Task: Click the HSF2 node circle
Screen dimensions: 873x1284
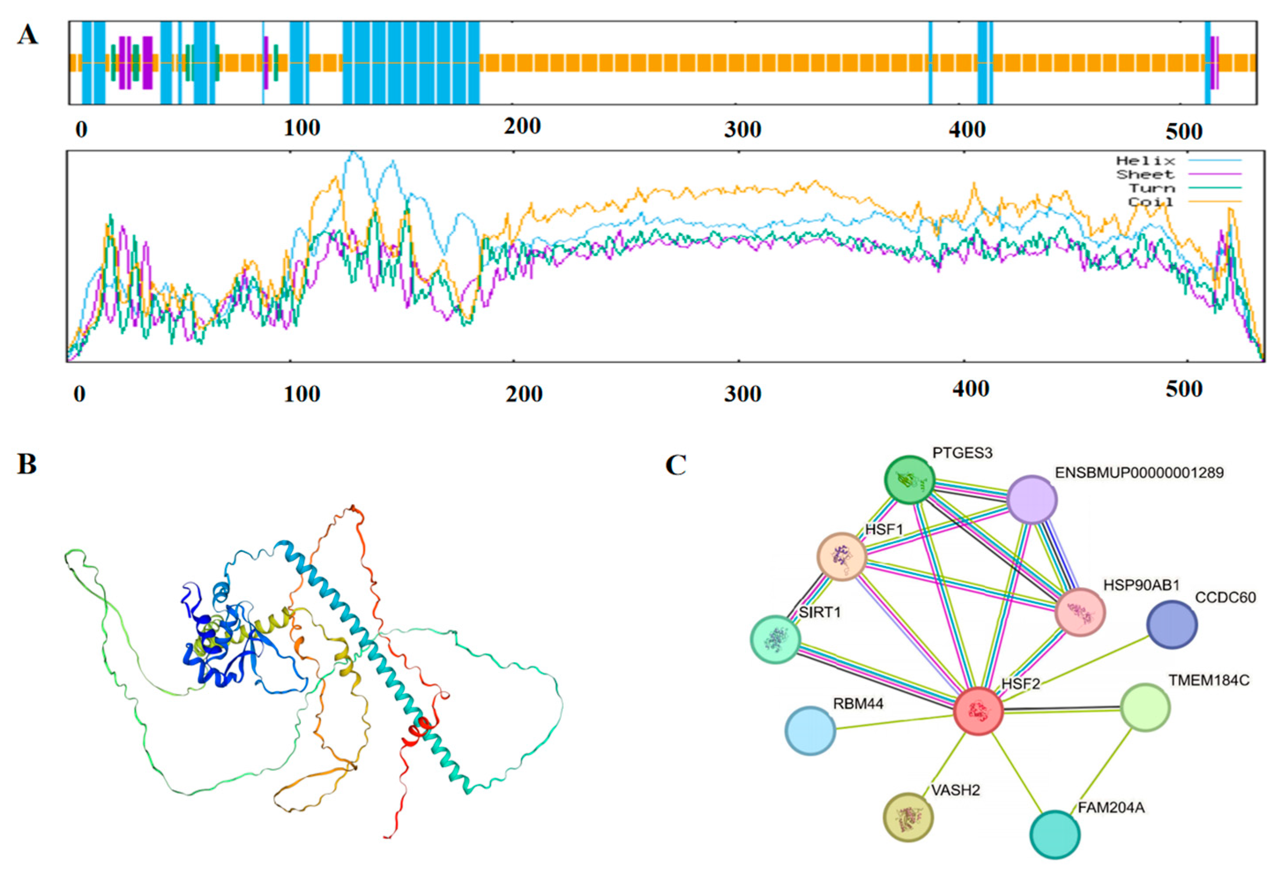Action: tap(979, 711)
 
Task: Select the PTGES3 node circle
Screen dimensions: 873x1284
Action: tap(909, 480)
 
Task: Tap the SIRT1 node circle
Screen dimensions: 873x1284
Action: tap(776, 639)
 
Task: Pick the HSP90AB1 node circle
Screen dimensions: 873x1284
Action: tap(1080, 612)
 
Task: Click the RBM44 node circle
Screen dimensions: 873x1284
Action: tap(811, 730)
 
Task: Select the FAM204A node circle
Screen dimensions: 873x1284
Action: tap(1055, 834)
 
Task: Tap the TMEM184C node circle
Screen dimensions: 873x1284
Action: tap(1145, 708)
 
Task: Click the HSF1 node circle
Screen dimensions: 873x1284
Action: tap(841, 557)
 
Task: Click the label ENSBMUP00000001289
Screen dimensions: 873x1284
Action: tap(1139, 473)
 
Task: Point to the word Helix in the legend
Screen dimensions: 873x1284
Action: tap(1145, 161)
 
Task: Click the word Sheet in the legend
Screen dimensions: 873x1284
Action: tap(1145, 175)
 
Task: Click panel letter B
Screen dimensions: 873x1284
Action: tap(27, 465)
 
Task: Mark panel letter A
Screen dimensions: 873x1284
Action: tap(28, 35)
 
